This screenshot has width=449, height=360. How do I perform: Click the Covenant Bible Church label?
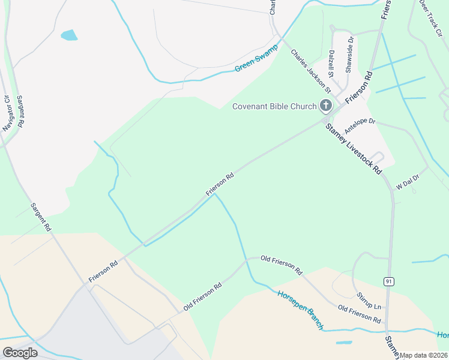(x=274, y=107)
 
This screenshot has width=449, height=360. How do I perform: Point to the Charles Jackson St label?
(x=311, y=71)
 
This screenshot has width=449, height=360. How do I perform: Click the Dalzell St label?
(x=331, y=64)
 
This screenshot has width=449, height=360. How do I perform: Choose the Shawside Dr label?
(x=349, y=55)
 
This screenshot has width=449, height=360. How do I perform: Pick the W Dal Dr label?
(x=411, y=179)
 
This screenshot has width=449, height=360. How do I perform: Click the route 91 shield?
(x=388, y=281)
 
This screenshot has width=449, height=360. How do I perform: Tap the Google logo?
(x=20, y=353)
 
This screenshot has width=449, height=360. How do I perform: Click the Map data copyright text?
(x=424, y=355)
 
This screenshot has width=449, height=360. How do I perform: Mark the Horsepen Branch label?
(x=301, y=310)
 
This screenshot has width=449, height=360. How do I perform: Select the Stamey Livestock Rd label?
(x=354, y=148)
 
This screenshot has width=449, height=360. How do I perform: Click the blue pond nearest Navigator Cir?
(x=69, y=35)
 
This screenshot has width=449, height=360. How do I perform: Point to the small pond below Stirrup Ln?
(x=344, y=343)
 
